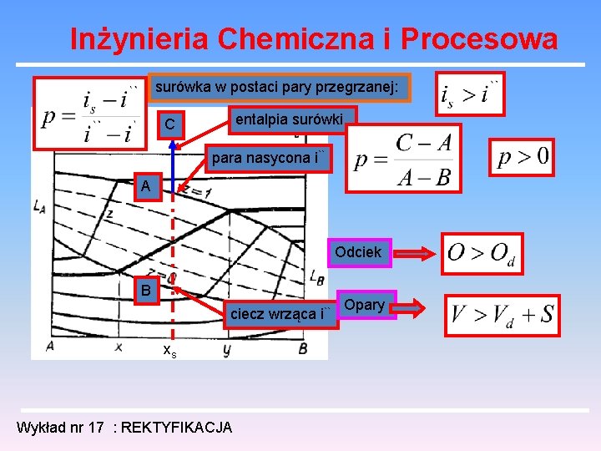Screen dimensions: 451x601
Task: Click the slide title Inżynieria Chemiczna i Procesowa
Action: pyautogui.click(x=313, y=39)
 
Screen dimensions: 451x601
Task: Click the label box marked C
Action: pyautogui.click(x=171, y=125)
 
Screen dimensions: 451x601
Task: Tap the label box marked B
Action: pyautogui.click(x=146, y=291)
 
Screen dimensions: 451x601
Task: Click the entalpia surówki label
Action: pyautogui.click(x=289, y=119)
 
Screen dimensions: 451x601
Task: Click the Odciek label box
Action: pyautogui.click(x=358, y=252)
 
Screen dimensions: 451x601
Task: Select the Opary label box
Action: pyautogui.click(x=364, y=305)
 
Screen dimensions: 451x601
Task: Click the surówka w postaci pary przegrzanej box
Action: pyautogui.click(x=279, y=87)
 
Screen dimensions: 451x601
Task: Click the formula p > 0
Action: pyautogui.click(x=524, y=157)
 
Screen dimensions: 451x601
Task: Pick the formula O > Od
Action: pyautogui.click(x=482, y=253)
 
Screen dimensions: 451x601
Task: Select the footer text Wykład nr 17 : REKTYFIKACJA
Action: pyautogui.click(x=124, y=428)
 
